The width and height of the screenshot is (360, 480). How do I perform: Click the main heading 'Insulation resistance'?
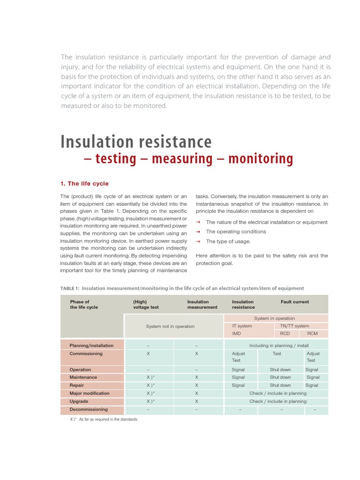click(136, 142)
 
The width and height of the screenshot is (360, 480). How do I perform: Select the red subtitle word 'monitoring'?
click(261, 159)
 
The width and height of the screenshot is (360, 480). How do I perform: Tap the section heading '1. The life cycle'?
click(84, 183)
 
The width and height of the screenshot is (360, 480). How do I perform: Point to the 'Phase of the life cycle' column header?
click(84, 304)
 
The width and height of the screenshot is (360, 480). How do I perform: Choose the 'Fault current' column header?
click(294, 302)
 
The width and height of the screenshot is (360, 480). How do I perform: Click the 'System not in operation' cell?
click(170, 326)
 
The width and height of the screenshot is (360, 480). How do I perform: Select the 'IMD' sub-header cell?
click(236, 334)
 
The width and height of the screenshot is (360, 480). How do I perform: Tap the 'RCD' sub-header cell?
click(285, 334)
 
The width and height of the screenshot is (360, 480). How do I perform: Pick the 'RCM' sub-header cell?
click(312, 334)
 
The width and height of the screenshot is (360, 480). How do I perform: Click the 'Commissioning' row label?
click(86, 353)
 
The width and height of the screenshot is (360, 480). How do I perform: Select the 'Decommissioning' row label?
click(89, 409)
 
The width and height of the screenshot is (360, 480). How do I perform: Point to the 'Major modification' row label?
click(90, 393)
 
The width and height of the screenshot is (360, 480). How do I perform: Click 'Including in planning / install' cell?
click(278, 345)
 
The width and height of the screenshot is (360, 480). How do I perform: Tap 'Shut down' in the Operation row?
click(280, 369)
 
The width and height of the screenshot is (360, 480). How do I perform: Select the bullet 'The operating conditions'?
click(236, 232)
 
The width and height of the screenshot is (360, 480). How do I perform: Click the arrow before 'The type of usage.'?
click(198, 241)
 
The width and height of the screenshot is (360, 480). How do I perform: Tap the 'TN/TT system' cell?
click(294, 326)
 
